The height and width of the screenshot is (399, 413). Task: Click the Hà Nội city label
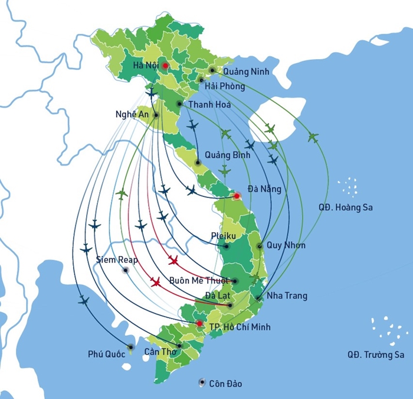(146, 65)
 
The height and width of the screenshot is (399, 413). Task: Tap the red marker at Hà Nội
(166, 66)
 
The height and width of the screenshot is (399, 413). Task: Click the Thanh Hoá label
(209, 105)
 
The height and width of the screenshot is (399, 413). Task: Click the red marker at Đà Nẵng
(237, 196)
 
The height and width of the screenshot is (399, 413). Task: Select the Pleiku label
(223, 236)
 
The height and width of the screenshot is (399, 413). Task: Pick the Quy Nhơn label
(286, 245)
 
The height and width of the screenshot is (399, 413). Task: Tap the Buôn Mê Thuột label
(198, 281)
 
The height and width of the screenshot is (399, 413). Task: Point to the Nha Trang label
(287, 296)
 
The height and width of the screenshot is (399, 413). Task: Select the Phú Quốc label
(106, 354)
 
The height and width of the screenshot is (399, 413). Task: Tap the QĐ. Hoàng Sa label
(345, 207)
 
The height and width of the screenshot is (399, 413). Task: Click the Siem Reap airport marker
(125, 270)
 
